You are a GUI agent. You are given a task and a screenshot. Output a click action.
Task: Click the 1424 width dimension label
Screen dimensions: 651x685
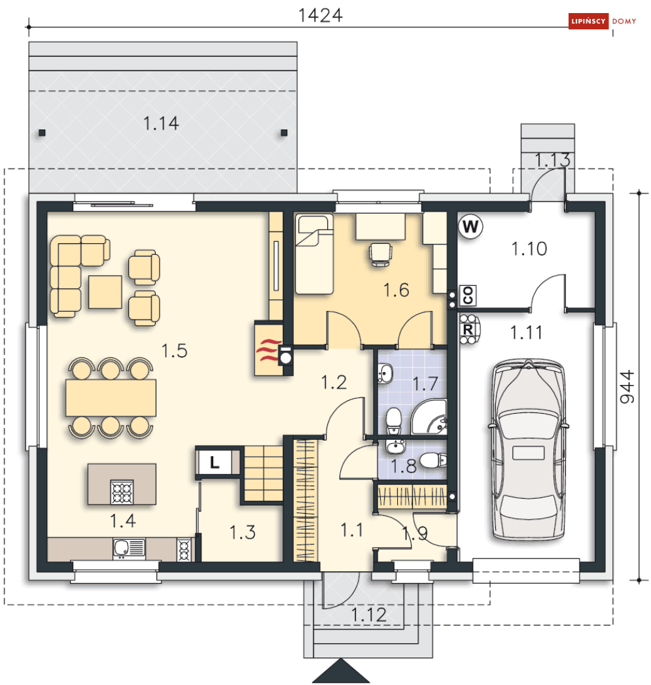pyautogui.click(x=320, y=16)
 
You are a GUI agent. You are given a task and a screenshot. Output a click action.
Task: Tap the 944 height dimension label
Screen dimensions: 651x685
pyautogui.click(x=627, y=387)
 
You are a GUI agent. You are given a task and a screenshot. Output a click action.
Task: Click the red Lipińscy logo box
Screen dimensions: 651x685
pyautogui.click(x=588, y=21)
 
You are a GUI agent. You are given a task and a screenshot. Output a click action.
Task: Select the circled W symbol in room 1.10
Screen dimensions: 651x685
pyautogui.click(x=470, y=227)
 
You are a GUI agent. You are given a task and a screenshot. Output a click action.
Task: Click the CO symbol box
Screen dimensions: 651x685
pyautogui.click(x=468, y=295)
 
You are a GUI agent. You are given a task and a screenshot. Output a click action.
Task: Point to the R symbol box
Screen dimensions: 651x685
pyautogui.click(x=467, y=329)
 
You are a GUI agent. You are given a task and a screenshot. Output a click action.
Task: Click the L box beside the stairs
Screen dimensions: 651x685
pyautogui.click(x=214, y=461)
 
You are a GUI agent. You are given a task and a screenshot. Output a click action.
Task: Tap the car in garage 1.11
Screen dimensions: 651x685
pyautogui.click(x=529, y=450)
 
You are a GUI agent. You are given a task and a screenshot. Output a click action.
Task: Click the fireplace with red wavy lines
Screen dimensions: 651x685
pyautogui.click(x=269, y=348)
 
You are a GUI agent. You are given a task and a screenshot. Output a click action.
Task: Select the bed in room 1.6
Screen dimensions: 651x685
pyautogui.click(x=314, y=254)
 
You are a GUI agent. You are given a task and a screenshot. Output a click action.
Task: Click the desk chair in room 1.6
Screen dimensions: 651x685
pyautogui.click(x=380, y=254)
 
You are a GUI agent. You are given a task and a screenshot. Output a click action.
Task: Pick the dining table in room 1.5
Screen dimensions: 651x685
pyautogui.click(x=111, y=397)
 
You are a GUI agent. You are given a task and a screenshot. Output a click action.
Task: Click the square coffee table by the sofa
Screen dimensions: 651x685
pyautogui.click(x=105, y=292)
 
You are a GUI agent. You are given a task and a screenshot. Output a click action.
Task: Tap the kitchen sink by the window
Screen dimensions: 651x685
pyautogui.click(x=129, y=548)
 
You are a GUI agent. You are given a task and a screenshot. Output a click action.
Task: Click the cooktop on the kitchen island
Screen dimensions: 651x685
pyautogui.click(x=122, y=492)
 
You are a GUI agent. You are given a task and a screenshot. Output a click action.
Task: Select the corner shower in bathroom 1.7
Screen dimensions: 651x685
pyautogui.click(x=429, y=417)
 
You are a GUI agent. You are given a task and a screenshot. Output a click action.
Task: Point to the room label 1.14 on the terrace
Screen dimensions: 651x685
pyautogui.click(x=161, y=124)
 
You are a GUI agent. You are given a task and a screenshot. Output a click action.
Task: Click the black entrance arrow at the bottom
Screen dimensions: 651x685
pyautogui.click(x=341, y=671)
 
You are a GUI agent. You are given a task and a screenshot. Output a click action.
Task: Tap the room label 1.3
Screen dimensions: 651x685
pyautogui.click(x=243, y=533)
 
